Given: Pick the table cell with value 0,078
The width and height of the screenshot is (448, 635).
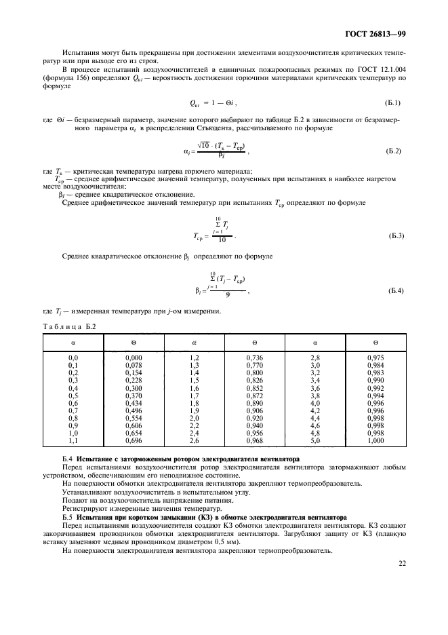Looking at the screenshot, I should pyautogui.click(x=134, y=364).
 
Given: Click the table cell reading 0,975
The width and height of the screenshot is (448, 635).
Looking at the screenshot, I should pyautogui.click(x=375, y=357).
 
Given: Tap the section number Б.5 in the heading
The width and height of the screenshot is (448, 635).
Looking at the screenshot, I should pyautogui.click(x=67, y=516).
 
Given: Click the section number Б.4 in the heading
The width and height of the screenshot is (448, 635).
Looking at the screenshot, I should pyautogui.click(x=67, y=460).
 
